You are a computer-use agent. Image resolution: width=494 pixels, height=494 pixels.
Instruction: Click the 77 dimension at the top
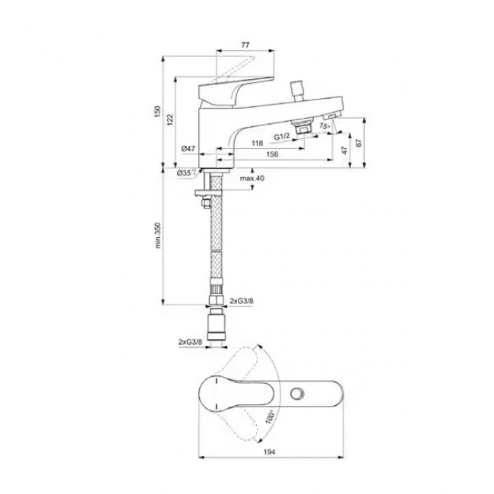click(x=245, y=45)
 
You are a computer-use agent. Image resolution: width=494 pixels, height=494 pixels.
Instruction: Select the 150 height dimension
click(x=157, y=112)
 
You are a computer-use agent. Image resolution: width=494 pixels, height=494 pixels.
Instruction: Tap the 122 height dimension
click(x=170, y=120)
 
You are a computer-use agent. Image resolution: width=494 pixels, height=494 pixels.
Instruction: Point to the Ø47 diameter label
click(x=188, y=149)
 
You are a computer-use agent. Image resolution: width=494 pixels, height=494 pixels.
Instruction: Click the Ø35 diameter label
click(x=185, y=173)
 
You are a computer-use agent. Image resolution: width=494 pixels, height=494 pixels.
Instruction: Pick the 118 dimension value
click(x=257, y=144)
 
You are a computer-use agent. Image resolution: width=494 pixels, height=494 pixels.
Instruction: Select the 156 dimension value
click(x=272, y=154)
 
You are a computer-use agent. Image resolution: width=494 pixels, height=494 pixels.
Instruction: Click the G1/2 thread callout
click(x=281, y=137)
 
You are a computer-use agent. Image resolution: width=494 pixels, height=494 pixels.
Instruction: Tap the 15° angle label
click(x=325, y=125)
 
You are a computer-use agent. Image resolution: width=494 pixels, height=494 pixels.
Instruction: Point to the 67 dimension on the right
click(x=359, y=143)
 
